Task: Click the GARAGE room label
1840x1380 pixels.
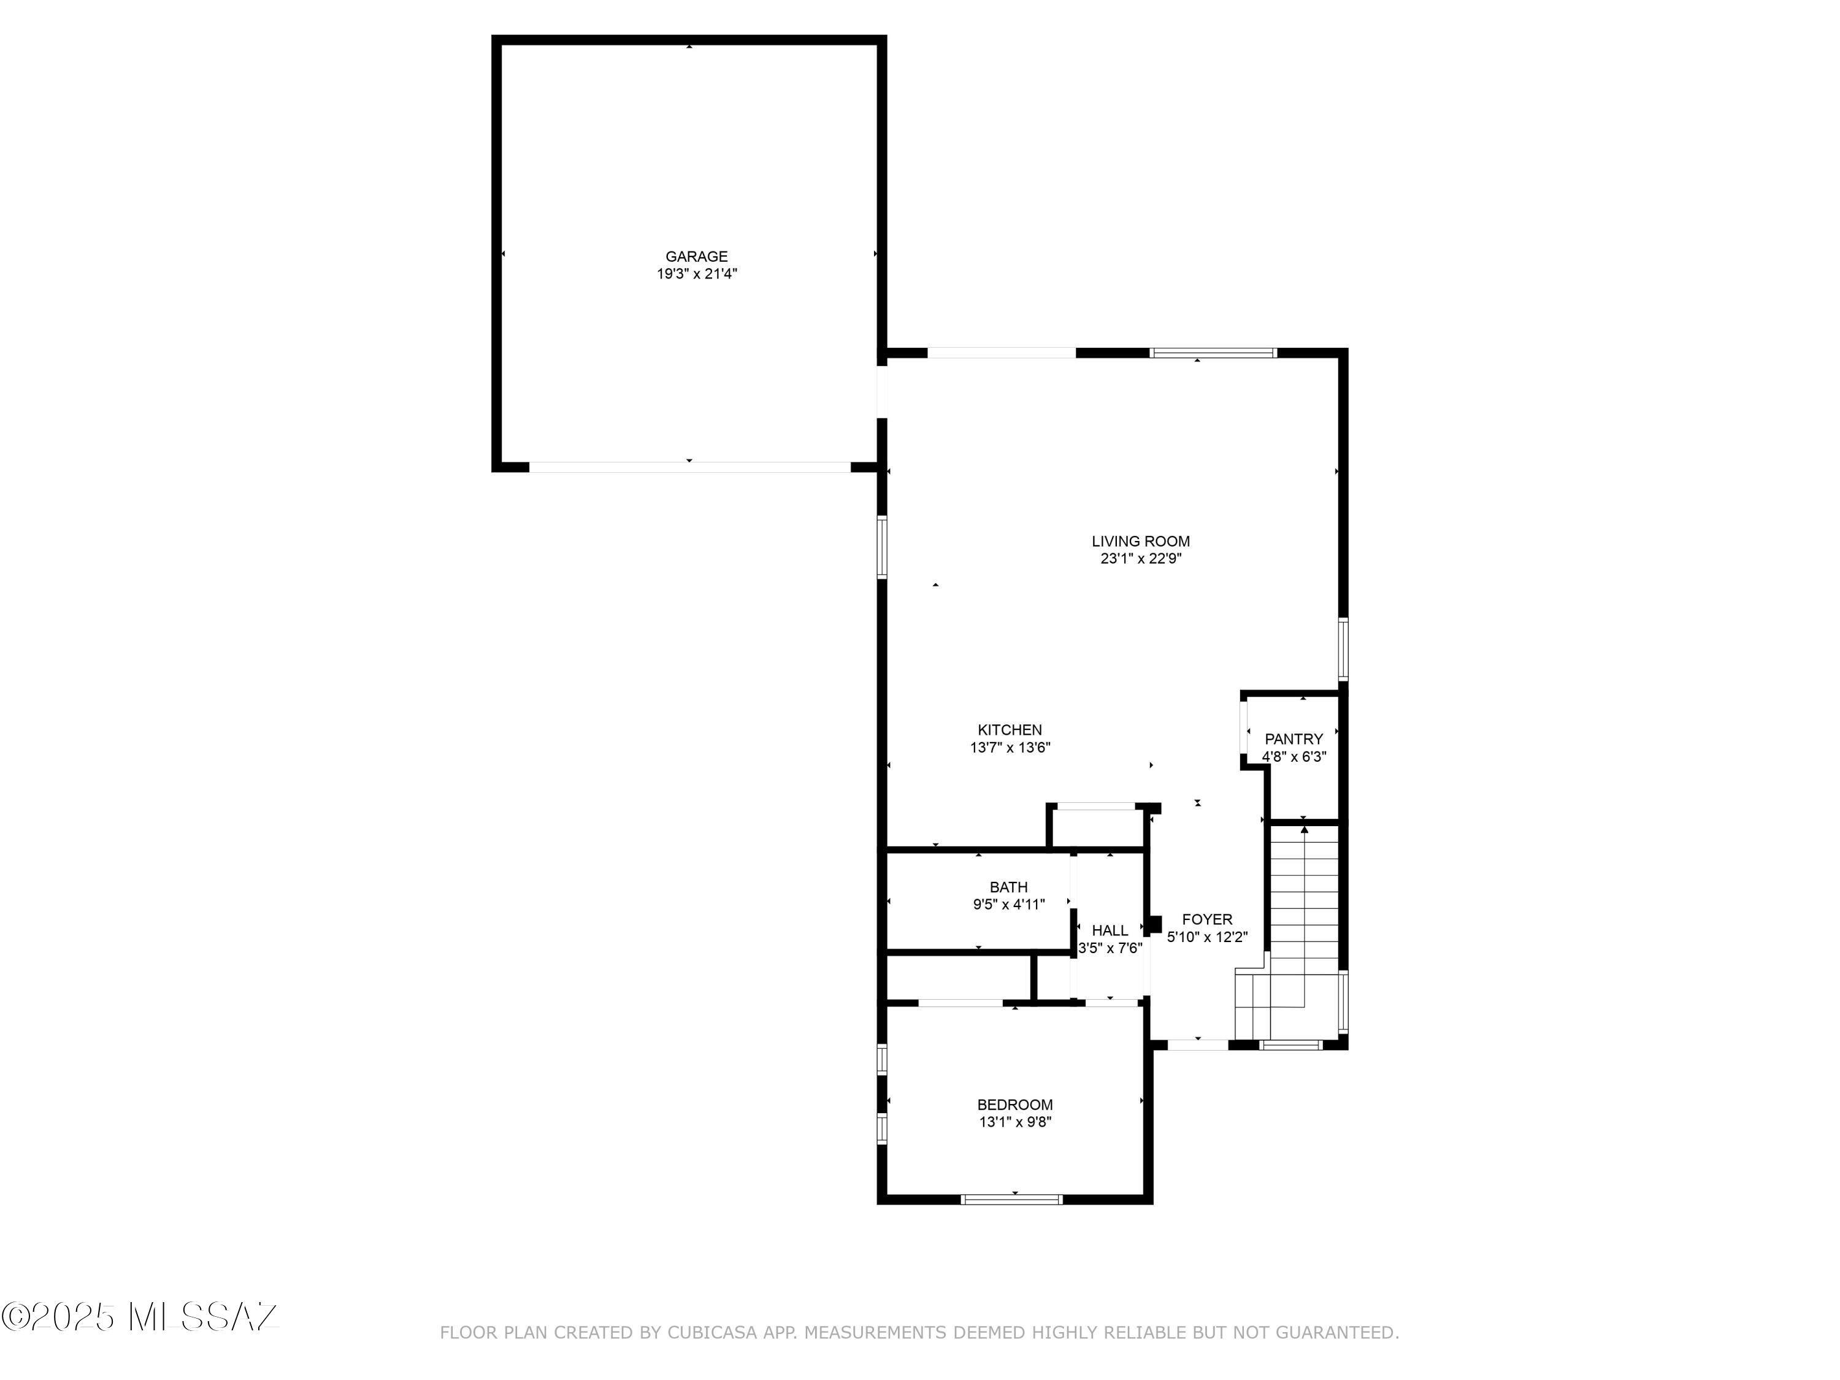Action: [696, 256]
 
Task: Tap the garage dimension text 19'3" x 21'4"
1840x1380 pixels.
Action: [696, 274]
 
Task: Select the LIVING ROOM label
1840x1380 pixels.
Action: [1140, 541]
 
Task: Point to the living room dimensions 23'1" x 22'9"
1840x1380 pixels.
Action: [1140, 559]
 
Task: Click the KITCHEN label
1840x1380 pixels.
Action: [1009, 729]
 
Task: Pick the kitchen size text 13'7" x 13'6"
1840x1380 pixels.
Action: [1009, 748]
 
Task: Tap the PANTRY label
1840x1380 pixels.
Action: [1294, 738]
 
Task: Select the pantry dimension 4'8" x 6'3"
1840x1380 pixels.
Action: [1294, 757]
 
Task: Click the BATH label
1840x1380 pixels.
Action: [1008, 887]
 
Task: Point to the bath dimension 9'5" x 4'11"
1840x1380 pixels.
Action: [1008, 904]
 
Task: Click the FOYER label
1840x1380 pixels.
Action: [1207, 919]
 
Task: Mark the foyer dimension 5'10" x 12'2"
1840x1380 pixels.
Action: [1207, 937]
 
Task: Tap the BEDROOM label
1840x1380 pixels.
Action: [1015, 1105]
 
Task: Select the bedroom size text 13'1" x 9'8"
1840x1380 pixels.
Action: [1015, 1122]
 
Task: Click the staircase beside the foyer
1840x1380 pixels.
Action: [1303, 915]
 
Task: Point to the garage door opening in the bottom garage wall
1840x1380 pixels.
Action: [689, 467]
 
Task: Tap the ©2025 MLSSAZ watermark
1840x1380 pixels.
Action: [140, 1316]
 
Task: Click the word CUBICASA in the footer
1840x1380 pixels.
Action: [712, 1333]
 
